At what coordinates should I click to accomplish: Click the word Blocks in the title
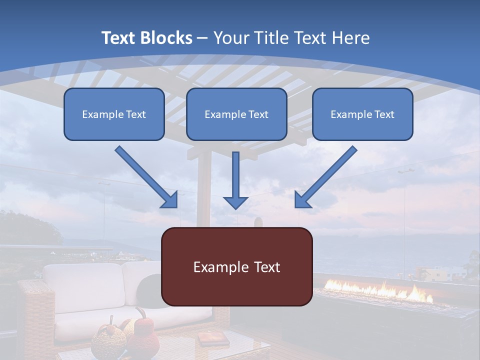[167, 38]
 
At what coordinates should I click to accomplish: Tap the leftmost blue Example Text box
[114, 114]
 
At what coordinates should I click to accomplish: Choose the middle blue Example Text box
[236, 114]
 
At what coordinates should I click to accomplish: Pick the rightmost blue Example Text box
[362, 114]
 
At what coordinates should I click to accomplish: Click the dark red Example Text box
[236, 267]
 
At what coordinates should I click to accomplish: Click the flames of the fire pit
[380, 291]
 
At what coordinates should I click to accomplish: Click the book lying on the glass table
[212, 339]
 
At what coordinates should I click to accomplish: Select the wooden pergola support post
[203, 190]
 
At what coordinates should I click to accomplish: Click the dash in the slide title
[202, 38]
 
